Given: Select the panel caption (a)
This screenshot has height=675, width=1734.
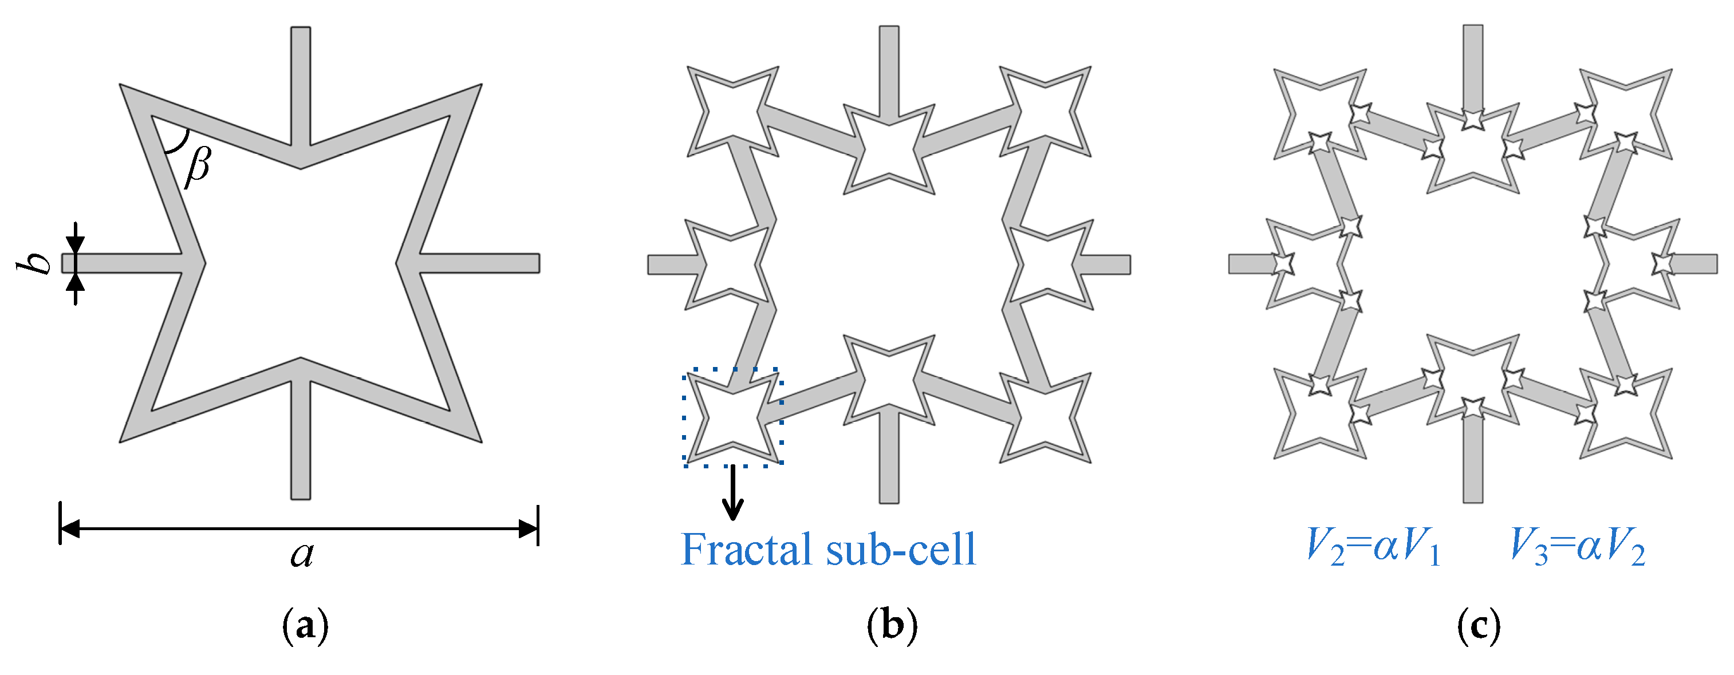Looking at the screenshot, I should (x=305, y=626).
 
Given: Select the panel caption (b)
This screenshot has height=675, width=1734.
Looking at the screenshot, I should (x=892, y=626).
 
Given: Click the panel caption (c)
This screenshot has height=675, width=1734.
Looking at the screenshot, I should (x=1478, y=626).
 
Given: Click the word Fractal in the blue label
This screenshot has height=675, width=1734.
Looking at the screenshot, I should (x=747, y=549).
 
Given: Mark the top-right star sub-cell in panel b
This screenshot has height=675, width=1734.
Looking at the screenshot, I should (x=1045, y=112).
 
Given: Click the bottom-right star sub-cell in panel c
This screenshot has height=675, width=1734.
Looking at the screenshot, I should (x=1626, y=414).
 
